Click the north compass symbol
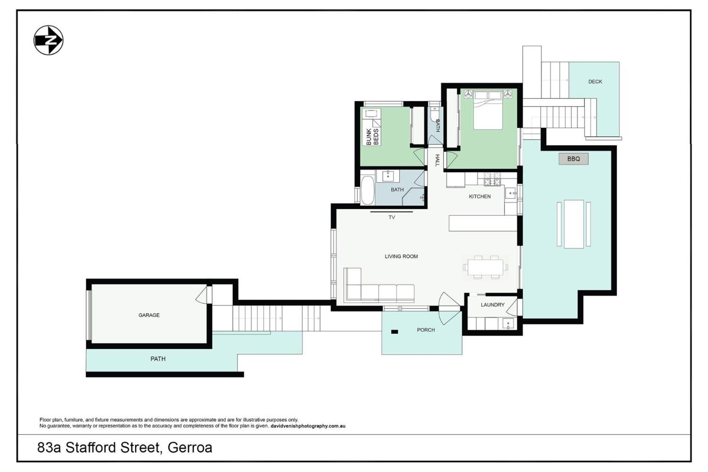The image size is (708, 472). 48,40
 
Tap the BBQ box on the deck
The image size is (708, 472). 573,159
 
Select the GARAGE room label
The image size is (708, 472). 149,315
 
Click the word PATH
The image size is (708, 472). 158,359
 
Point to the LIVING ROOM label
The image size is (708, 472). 401,257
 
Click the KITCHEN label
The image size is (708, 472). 480,197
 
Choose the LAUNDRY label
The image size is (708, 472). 493,305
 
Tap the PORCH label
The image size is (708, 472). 426,330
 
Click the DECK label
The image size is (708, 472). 595,82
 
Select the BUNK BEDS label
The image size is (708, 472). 372,136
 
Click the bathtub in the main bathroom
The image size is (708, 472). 367,190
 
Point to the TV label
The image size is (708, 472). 392,218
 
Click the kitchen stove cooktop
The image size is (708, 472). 492,179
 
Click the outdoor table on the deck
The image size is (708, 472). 574,224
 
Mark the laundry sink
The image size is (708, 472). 508,324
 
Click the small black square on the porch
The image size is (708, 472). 395,332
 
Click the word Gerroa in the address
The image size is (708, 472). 190,448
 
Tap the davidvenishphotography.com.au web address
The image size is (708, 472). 308,426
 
